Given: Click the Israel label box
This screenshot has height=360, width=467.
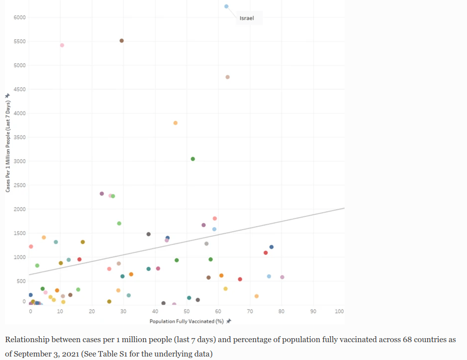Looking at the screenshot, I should [x=247, y=19].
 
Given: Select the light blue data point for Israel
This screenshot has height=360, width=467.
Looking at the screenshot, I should [x=226, y=6].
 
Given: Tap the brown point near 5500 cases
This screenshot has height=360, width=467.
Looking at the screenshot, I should [x=121, y=41].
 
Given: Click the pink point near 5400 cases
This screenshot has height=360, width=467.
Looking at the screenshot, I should [x=62, y=45].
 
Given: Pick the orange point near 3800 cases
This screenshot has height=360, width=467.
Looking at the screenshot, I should [x=175, y=123].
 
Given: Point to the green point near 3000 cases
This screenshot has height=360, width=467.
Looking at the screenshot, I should [x=193, y=159].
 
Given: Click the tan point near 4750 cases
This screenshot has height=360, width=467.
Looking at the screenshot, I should [x=228, y=77].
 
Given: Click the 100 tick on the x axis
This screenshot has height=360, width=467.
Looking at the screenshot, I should [x=339, y=311].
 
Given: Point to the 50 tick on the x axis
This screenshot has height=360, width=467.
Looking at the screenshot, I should [x=186, y=311].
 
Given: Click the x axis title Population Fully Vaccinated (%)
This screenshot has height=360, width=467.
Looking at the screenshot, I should [x=186, y=321].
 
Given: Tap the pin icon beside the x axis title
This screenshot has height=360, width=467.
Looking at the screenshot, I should [x=229, y=321].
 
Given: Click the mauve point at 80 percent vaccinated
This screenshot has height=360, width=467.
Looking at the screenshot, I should [x=282, y=277].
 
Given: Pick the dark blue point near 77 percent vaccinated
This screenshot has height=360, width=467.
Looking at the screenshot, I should [x=271, y=247].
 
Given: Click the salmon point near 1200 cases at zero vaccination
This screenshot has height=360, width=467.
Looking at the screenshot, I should [x=31, y=246].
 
